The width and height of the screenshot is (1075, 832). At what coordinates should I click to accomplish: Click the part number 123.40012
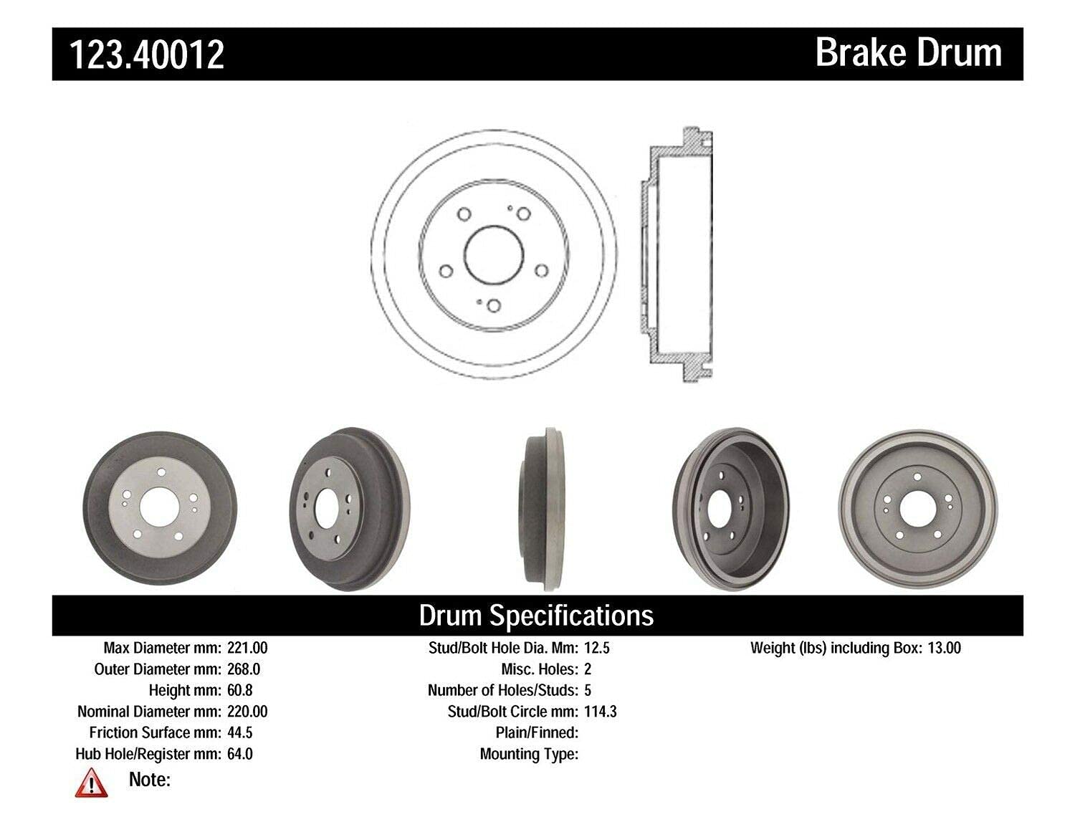[147, 54]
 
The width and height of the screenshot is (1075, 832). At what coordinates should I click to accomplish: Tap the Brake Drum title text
[909, 53]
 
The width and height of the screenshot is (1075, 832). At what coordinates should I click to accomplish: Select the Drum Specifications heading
[536, 616]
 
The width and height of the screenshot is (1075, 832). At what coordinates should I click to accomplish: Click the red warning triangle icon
[91, 783]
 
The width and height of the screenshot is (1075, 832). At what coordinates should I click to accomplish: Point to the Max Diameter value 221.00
[247, 648]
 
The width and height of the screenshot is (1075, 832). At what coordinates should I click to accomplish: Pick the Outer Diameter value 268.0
[244, 669]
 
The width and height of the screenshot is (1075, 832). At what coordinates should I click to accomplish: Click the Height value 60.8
[240, 690]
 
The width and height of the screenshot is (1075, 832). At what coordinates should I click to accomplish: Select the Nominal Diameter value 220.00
[247, 712]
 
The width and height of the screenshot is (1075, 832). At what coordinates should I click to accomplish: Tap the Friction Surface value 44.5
[240, 732]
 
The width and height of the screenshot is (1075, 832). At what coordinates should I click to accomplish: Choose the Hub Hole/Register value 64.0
[240, 754]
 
